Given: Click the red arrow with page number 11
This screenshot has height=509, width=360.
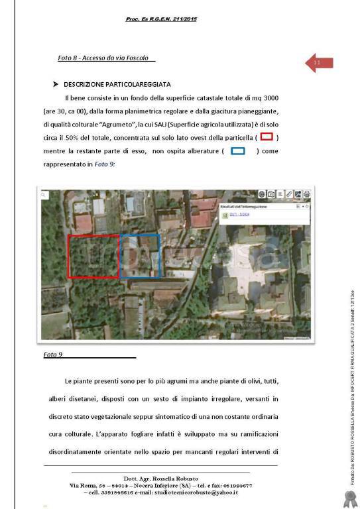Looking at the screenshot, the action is click(x=318, y=63).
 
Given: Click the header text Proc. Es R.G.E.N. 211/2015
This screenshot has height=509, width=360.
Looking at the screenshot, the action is click(x=161, y=19).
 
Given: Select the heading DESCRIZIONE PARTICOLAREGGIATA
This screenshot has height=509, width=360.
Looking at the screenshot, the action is click(x=117, y=85).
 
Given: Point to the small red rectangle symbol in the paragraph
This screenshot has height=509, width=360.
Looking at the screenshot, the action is click(x=266, y=137).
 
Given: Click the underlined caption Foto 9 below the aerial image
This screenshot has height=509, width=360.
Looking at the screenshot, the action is click(x=53, y=355).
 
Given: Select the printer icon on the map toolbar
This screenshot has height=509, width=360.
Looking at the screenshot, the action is click(x=306, y=194).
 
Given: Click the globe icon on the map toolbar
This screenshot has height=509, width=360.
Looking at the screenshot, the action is click(x=263, y=194).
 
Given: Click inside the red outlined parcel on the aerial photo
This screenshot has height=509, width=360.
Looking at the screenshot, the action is click(x=92, y=256).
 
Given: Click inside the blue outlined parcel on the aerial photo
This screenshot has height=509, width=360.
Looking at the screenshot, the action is click(x=140, y=256).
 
